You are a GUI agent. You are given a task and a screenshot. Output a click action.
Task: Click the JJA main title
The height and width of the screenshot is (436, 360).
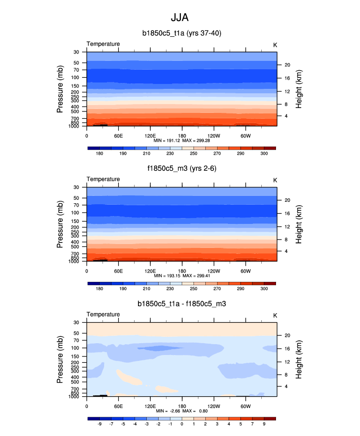(179, 18)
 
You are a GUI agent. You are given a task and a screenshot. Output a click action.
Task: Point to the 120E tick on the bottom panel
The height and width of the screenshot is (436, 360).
(150, 407)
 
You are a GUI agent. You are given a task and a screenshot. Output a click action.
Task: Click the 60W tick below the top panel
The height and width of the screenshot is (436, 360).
(246, 136)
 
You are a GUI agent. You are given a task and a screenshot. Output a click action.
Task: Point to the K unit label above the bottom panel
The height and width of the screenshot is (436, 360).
(275, 315)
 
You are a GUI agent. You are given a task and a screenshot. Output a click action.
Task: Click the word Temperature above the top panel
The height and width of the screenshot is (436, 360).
(103, 44)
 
